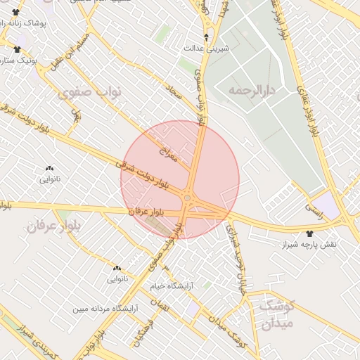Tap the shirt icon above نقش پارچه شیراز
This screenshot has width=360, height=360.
coord(311,233)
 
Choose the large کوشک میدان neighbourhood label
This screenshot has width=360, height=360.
coord(276,314)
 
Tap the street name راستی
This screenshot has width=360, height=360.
coord(310,209)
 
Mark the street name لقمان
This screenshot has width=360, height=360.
coord(165,307)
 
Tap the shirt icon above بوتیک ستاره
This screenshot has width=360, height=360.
coord(17,49)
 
